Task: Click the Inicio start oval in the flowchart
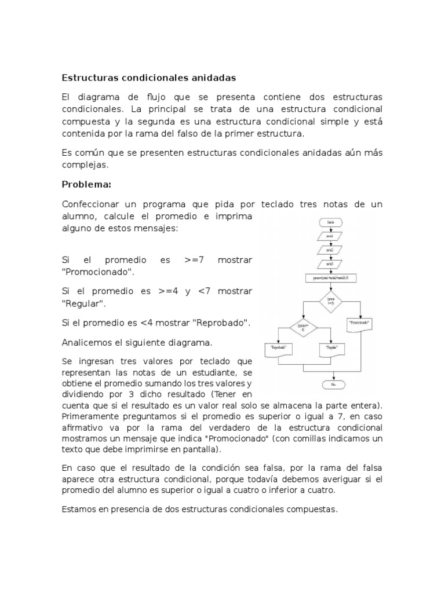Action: [329, 222]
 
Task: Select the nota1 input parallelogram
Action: [329, 236]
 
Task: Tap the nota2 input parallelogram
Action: [329, 250]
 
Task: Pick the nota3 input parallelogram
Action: [329, 264]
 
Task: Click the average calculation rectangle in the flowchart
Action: [329, 279]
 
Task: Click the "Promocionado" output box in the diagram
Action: [360, 323]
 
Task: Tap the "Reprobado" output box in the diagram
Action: [278, 349]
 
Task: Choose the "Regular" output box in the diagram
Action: [330, 349]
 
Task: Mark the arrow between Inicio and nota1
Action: [329, 229]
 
